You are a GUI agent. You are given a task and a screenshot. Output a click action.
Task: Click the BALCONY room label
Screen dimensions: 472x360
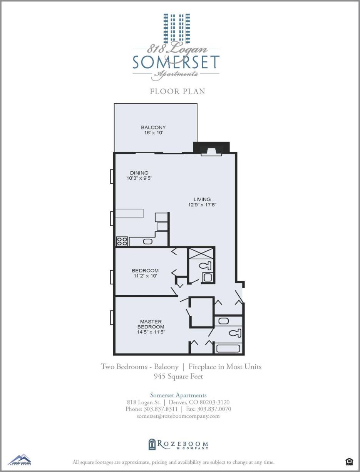point(153,127)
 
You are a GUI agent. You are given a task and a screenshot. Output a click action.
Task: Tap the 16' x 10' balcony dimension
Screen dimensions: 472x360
point(153,133)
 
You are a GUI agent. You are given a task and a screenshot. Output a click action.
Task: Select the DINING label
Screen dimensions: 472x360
point(139,173)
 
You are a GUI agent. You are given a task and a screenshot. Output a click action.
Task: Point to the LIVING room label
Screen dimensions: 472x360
point(202,199)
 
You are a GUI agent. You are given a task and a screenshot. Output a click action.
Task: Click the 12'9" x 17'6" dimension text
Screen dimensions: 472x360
point(202,205)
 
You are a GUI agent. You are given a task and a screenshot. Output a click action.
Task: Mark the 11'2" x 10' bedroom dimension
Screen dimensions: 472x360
point(145,276)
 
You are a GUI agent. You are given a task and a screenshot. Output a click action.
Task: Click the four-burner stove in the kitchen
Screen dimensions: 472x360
point(122,241)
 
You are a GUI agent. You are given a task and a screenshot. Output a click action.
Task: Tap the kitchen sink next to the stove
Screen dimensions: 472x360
point(147,241)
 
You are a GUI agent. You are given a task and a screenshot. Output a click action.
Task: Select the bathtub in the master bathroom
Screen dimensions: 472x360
point(228,349)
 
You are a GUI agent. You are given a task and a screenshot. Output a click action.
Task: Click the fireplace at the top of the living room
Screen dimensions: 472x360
point(211,151)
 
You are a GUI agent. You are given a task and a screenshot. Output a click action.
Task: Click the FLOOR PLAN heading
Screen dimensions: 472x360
point(177,92)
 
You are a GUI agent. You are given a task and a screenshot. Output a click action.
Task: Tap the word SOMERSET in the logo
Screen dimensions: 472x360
point(176,62)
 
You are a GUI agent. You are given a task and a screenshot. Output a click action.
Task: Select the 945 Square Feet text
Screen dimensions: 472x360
point(178,376)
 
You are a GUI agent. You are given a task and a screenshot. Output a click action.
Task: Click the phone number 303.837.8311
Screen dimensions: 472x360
point(160,409)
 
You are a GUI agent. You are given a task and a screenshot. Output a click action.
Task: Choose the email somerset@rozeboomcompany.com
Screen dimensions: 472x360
point(178,416)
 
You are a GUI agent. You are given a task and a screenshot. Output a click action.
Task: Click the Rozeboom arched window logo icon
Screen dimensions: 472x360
point(152,444)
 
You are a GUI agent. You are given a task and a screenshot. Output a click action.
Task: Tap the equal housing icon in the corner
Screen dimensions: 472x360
point(349,461)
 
